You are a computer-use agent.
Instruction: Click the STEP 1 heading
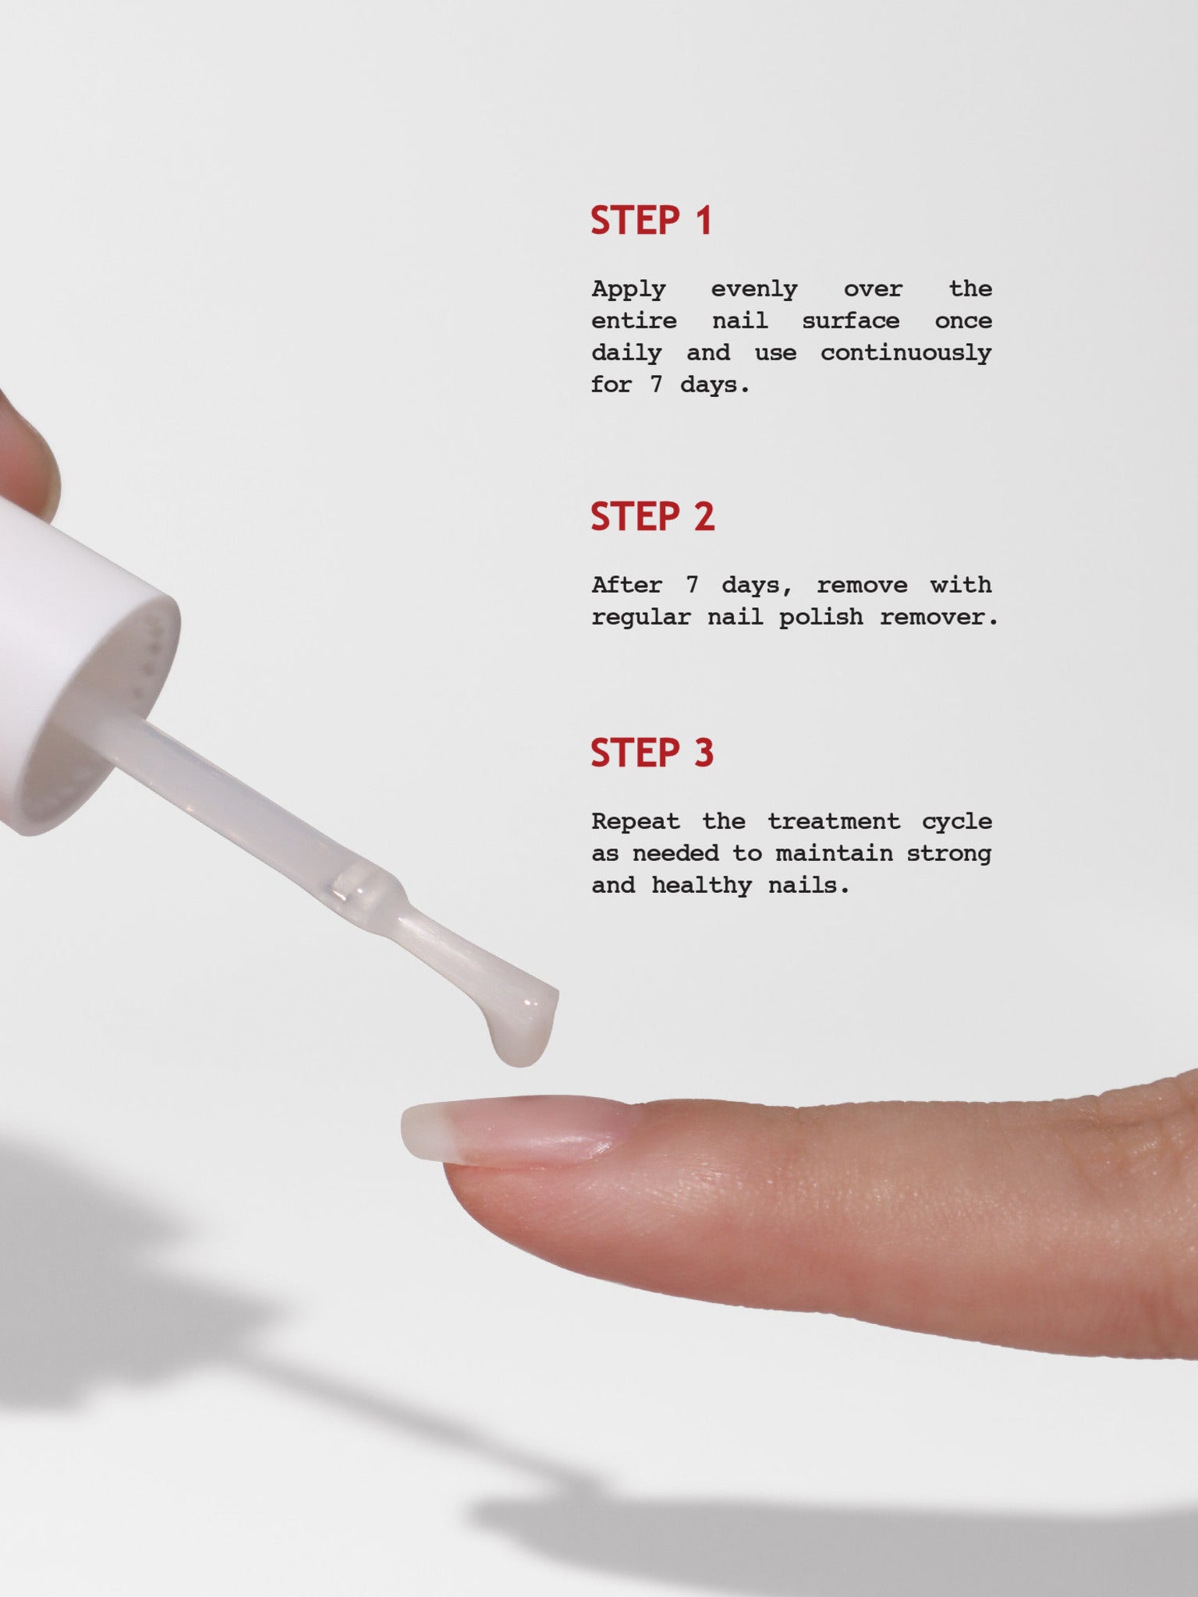pos(651,221)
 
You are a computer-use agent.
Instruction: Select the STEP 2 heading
pos(652,517)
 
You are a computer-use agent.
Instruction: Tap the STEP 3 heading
pos(652,753)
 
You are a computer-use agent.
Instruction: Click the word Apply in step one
pos(629,289)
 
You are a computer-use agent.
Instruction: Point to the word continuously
pos(906,353)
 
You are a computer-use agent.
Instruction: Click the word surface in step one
pos(850,321)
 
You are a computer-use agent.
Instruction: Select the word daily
pos(626,353)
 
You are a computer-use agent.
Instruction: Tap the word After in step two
pos(627,585)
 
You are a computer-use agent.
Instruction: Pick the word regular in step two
pos(640,617)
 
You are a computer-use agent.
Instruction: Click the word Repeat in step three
pos(636,821)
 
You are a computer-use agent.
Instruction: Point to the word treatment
pos(834,821)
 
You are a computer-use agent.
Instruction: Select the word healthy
pos(701,885)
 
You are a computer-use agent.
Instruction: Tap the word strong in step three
pos(948,853)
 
